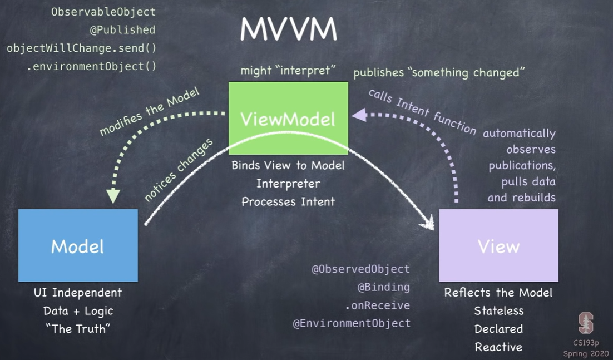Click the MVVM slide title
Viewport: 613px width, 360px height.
click(289, 29)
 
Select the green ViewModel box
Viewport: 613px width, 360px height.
click(288, 118)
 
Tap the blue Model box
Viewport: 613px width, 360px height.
click(78, 245)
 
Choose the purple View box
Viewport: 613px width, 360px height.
click(498, 245)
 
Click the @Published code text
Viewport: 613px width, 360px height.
click(122, 30)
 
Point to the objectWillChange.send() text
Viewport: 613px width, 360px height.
click(81, 48)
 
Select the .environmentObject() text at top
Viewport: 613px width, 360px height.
click(91, 66)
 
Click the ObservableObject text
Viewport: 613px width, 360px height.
click(103, 12)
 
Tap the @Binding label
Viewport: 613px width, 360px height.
click(383, 287)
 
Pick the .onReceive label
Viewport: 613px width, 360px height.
click(378, 305)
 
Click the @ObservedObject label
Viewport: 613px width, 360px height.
click(360, 269)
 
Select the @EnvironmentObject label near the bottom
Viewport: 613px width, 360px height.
click(352, 323)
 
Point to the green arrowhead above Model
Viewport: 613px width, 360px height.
click(113, 195)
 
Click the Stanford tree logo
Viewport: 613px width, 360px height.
click(586, 323)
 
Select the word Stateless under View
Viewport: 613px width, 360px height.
click(498, 310)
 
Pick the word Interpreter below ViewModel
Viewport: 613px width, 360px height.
click(288, 183)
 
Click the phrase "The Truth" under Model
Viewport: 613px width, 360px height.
click(78, 329)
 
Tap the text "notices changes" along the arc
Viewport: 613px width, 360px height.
click(178, 170)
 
